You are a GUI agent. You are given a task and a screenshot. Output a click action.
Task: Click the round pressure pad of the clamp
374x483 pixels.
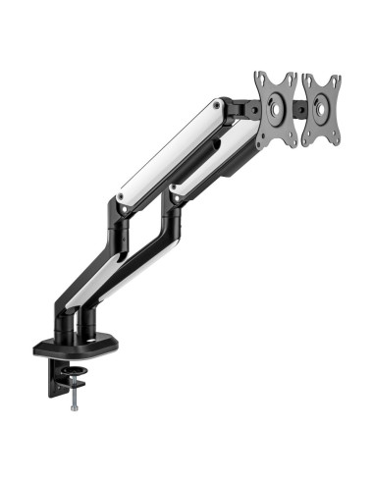(74, 385)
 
